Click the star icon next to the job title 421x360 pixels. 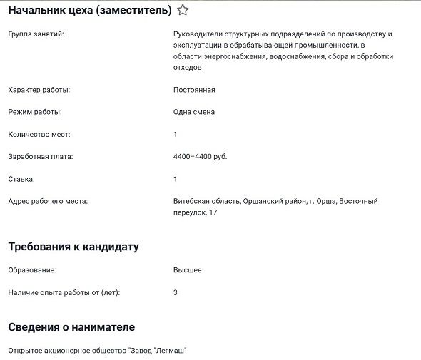click(x=183, y=10)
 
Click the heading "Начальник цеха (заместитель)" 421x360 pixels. click(x=90, y=10)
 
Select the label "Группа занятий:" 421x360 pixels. click(x=36, y=34)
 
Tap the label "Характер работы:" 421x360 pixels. click(x=39, y=90)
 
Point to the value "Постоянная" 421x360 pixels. click(x=194, y=90)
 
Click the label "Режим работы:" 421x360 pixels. click(x=35, y=112)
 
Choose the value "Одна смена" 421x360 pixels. click(x=194, y=112)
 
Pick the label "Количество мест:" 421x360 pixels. click(x=39, y=134)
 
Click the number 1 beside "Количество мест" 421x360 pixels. click(x=176, y=134)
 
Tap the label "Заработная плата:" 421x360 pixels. click(x=41, y=156)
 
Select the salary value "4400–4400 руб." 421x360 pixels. click(x=201, y=156)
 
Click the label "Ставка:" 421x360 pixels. click(x=21, y=179)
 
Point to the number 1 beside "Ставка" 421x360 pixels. click(x=176, y=179)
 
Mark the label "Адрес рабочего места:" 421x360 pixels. click(x=48, y=201)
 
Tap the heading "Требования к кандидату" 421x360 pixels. click(x=73, y=247)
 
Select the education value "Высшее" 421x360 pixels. click(x=188, y=270)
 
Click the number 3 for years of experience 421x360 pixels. click(x=176, y=292)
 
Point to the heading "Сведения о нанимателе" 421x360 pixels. click(x=71, y=327)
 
